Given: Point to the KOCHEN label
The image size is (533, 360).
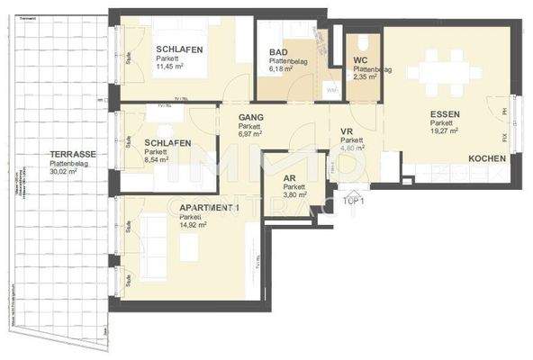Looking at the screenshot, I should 486,159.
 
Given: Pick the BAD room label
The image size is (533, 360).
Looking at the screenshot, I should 278,52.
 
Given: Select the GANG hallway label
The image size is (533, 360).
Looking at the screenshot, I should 252,117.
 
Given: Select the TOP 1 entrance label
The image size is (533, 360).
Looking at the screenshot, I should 354,202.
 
